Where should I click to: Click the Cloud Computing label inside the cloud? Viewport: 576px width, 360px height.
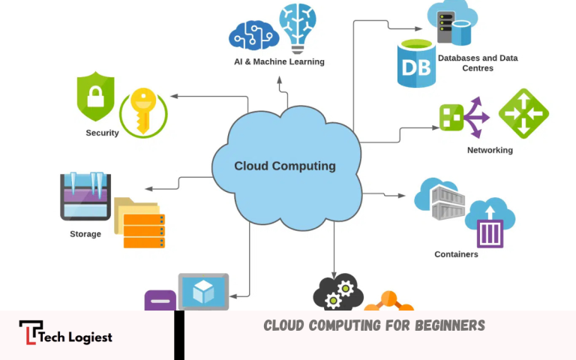pos(285,166)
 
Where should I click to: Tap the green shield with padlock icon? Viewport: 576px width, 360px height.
pos(96,97)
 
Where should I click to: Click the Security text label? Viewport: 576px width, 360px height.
pos(102,133)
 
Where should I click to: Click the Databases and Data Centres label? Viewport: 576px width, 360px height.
pos(477,63)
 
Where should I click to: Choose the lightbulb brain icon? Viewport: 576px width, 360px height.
pos(298,27)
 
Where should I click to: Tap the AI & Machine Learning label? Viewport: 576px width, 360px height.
pos(279,61)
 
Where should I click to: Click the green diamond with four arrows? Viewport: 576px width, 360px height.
pos(523,114)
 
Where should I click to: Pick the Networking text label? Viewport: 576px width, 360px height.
pos(490,150)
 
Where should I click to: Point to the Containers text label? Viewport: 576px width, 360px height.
pos(456,254)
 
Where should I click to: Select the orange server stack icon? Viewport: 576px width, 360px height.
pos(143,230)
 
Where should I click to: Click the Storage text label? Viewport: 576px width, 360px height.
pos(85,234)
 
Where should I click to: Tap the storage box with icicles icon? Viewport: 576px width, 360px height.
pos(85,196)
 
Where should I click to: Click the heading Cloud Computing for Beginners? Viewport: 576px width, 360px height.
pos(374,325)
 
